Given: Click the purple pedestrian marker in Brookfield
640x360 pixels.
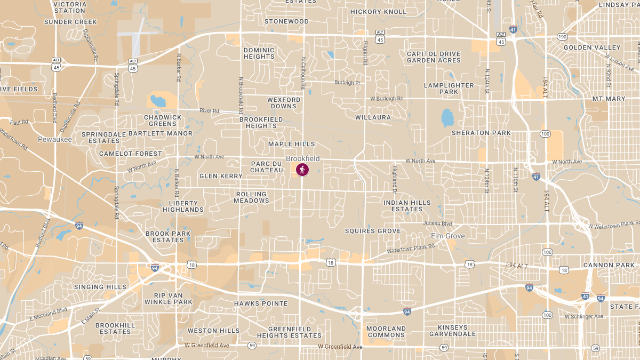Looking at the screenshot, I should click(x=302, y=170).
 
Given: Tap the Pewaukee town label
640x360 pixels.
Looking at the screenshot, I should click(x=54, y=139).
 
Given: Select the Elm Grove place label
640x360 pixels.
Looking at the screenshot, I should click(x=447, y=236).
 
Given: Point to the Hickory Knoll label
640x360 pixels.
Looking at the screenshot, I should click(x=379, y=12).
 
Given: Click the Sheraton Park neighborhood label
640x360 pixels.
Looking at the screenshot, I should click(x=481, y=133).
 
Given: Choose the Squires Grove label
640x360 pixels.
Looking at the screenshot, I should click(x=372, y=231).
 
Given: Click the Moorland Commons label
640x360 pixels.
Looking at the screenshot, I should click(x=386, y=332).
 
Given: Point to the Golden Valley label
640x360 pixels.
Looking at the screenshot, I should click(x=585, y=47).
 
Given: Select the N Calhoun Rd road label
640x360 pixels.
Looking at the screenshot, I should click(x=303, y=70).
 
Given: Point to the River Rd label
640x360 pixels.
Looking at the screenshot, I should click(x=209, y=110).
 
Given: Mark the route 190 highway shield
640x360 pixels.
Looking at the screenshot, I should click(x=562, y=37).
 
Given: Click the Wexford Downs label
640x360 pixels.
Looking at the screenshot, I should click(x=284, y=103).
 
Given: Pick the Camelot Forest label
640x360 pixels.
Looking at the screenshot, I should click(x=130, y=154).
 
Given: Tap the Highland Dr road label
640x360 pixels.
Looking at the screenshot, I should click(x=395, y=180).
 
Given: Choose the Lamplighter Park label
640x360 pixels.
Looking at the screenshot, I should click(x=449, y=89).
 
